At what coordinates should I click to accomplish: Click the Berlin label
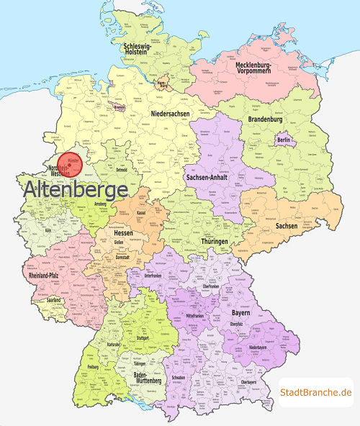284,140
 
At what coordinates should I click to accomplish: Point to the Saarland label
54,299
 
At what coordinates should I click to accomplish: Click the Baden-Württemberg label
148,379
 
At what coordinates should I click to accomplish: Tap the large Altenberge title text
76,191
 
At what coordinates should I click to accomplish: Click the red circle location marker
70,164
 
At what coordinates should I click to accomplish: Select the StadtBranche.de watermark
315,391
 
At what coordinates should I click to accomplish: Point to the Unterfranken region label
152,274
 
